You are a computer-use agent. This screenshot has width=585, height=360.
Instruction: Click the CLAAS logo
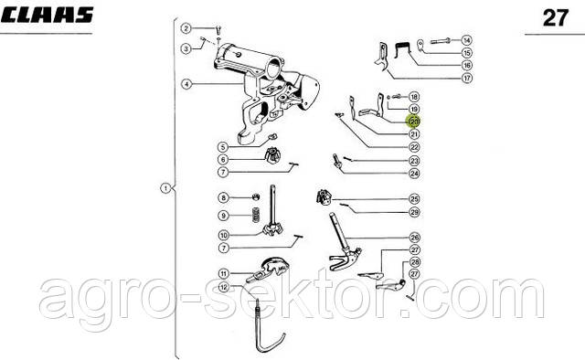(x=47, y=16)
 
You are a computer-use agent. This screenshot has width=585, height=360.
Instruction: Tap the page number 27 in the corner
(x=556, y=18)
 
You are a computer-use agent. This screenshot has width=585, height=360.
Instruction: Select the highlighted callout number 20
(x=414, y=122)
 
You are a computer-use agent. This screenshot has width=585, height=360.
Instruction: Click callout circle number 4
(x=186, y=84)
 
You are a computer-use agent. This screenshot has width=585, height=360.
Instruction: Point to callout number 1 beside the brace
(x=165, y=189)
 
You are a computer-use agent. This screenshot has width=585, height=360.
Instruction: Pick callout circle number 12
(x=223, y=287)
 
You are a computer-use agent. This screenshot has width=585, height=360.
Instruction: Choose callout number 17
(x=467, y=78)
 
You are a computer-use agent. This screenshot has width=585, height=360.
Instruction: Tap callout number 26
(x=414, y=238)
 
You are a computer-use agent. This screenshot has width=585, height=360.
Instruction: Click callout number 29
(x=414, y=212)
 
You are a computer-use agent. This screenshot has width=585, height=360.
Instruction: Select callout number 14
(x=466, y=40)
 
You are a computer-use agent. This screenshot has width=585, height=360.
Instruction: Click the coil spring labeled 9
(x=256, y=215)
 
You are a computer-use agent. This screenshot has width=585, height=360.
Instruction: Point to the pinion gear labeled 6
(x=272, y=155)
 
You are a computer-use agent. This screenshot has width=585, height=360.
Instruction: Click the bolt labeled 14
(x=441, y=41)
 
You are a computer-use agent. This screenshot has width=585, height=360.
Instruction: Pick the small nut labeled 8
(x=256, y=196)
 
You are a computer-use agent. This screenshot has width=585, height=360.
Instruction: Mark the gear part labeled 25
(x=324, y=197)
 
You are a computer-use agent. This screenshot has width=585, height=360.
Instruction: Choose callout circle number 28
(x=414, y=262)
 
